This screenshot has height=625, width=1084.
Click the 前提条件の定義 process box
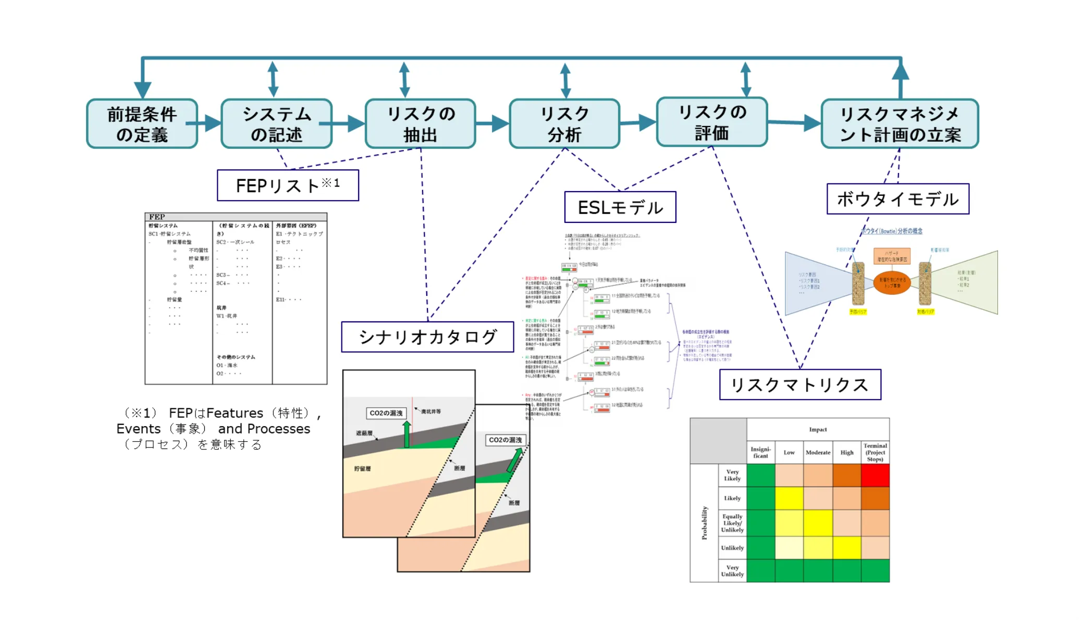click(x=142, y=124)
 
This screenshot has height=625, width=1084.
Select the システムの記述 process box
click(x=276, y=124)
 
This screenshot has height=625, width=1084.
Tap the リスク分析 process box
click(x=564, y=124)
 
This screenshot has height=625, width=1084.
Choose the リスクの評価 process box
click(x=712, y=122)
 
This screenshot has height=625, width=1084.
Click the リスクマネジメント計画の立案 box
click(x=900, y=124)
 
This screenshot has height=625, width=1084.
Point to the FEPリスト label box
click(x=288, y=185)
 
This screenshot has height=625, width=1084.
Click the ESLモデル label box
click(x=620, y=207)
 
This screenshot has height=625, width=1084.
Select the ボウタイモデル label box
click(x=897, y=199)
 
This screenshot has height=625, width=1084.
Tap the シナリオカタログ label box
click(x=427, y=337)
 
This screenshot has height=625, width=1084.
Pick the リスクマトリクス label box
click(x=800, y=385)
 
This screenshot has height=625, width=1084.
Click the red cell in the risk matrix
click(x=875, y=476)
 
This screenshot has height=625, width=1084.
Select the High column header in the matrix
click(x=847, y=453)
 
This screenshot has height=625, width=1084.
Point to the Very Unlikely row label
click(x=732, y=571)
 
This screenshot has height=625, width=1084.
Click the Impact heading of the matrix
click(x=818, y=430)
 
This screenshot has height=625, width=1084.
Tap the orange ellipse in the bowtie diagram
click(x=892, y=283)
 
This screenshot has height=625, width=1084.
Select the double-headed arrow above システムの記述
click(x=273, y=79)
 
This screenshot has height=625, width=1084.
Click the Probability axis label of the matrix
click(x=704, y=522)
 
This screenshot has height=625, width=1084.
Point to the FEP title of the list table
click(x=157, y=217)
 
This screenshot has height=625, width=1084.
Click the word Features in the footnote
click(x=235, y=414)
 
